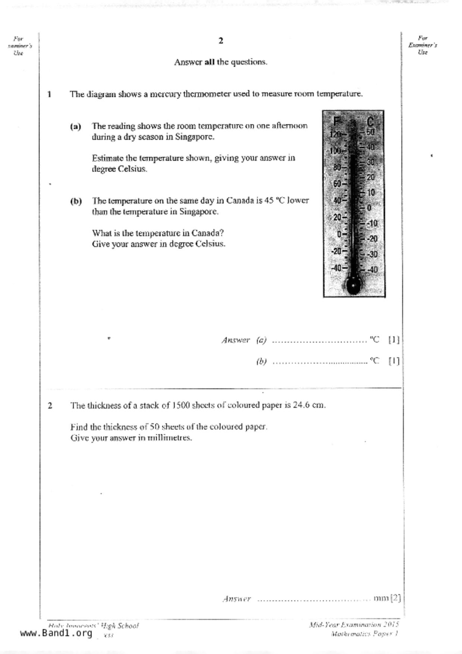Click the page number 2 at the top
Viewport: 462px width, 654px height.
221,41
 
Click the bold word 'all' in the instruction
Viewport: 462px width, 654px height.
210,62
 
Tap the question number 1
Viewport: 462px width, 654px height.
49,94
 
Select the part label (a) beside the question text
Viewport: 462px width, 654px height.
75,126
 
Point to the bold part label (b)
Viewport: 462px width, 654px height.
76,201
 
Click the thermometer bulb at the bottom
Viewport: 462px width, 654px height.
353,285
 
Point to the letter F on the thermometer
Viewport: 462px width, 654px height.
337,121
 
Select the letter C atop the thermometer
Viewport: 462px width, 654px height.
370,121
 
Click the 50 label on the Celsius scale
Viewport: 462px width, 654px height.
370,132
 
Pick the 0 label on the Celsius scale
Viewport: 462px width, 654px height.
369,208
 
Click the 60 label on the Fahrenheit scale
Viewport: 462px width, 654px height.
337,183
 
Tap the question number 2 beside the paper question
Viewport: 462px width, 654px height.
50,405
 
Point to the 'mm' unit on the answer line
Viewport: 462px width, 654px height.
381,598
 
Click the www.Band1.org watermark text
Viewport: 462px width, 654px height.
56,633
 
